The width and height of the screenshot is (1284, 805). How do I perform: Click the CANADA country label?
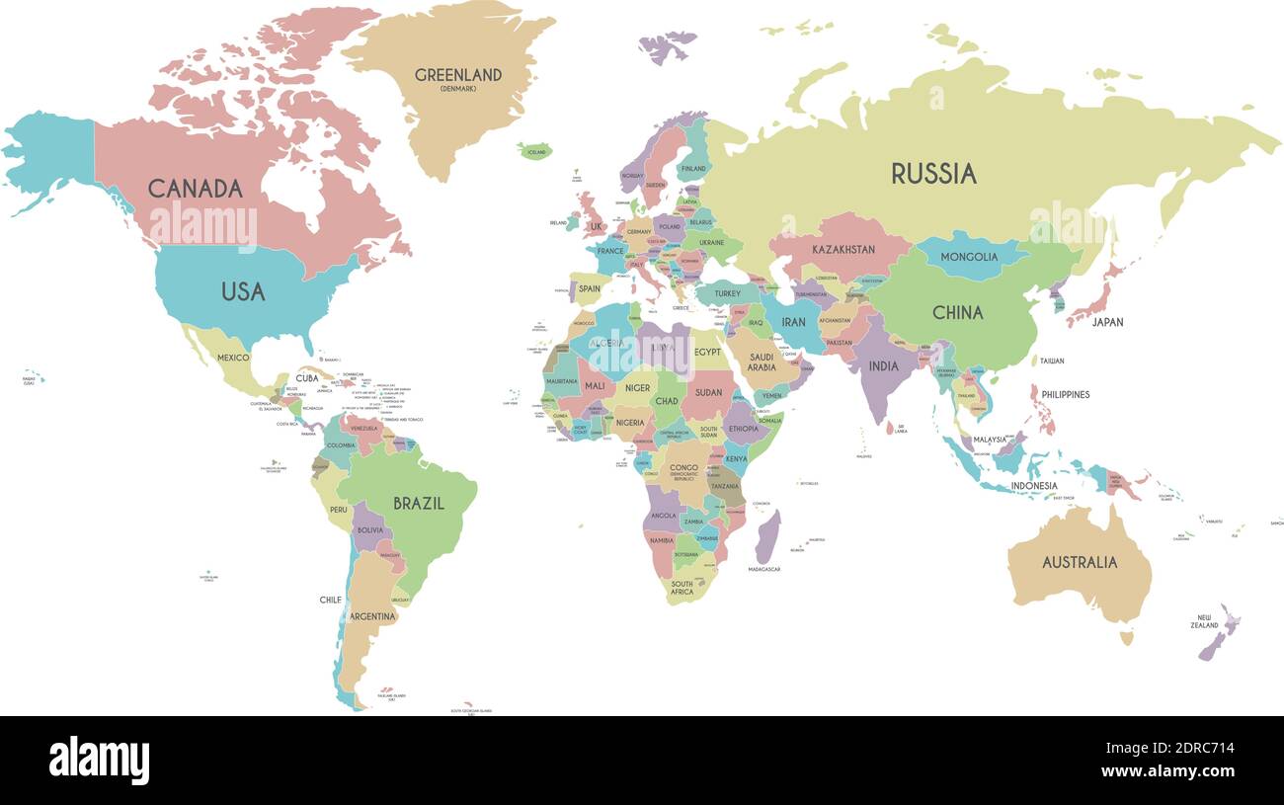pyautogui.click(x=195, y=188)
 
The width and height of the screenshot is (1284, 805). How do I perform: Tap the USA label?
pyautogui.click(x=243, y=291)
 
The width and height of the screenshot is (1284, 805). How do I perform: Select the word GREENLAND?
pyautogui.click(x=457, y=75)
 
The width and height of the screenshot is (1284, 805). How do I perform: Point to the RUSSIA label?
pyautogui.click(x=933, y=174)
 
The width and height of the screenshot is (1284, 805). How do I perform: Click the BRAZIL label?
pyautogui.click(x=419, y=503)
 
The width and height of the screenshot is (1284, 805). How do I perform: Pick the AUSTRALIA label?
pyautogui.click(x=1080, y=562)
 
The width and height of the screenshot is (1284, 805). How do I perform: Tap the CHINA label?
pyautogui.click(x=957, y=312)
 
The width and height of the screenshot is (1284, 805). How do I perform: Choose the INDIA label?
pyautogui.click(x=883, y=366)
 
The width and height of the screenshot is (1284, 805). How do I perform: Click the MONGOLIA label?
pyautogui.click(x=968, y=257)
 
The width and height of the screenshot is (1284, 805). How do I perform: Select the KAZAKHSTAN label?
pyautogui.click(x=843, y=250)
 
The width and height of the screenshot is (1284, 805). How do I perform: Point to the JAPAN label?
pyautogui.click(x=1107, y=322)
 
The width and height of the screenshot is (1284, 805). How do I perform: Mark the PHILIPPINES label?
pyautogui.click(x=1066, y=394)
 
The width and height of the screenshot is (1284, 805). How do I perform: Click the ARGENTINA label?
pyautogui.click(x=371, y=616)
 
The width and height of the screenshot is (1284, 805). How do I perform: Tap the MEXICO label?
pyautogui.click(x=233, y=358)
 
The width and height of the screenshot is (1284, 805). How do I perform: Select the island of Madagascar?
pyautogui.click(x=767, y=538)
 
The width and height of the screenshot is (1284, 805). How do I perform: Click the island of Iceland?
pyautogui.click(x=534, y=151)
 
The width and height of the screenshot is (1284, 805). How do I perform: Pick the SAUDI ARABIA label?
pyautogui.click(x=762, y=362)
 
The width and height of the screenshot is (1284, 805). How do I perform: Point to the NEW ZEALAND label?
pyautogui.click(x=1204, y=621)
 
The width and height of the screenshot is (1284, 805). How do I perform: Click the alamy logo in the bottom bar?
pyautogui.click(x=99, y=760)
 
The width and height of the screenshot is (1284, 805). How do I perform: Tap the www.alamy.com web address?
pyautogui.click(x=1167, y=771)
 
